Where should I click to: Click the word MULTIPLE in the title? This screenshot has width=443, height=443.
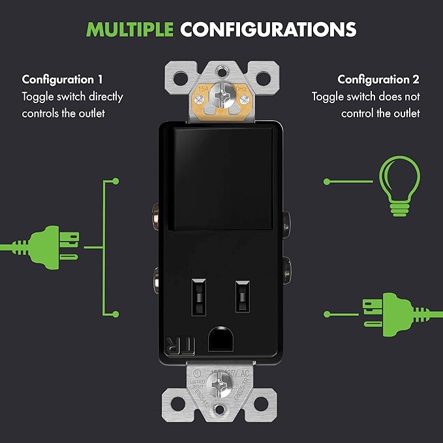[x=130, y=29]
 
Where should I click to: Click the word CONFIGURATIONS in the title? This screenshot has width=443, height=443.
[x=268, y=29]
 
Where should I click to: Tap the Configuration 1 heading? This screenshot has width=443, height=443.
[x=63, y=80]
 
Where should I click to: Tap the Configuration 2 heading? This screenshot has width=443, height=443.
[x=378, y=80]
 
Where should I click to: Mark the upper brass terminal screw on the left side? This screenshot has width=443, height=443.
[x=155, y=213]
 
